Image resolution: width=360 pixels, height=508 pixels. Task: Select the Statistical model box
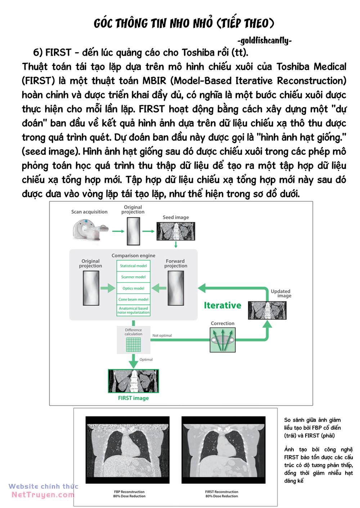(x=133, y=266)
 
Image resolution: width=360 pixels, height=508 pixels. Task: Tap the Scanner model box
(x=133, y=277)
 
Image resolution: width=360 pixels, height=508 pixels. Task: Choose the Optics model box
(x=133, y=288)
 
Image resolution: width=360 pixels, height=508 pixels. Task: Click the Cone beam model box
(x=133, y=299)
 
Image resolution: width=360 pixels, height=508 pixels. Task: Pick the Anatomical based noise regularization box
(x=133, y=310)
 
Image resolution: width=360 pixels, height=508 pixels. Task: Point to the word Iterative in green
(x=222, y=305)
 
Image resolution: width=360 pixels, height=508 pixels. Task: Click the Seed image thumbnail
(x=176, y=231)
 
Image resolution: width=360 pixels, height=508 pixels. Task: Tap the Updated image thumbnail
(x=267, y=310)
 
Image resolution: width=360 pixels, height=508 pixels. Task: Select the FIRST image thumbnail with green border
(x=133, y=381)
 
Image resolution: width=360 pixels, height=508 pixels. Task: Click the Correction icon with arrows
(x=222, y=340)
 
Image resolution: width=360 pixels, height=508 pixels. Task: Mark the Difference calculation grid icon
(x=133, y=345)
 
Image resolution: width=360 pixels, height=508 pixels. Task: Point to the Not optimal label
(x=162, y=336)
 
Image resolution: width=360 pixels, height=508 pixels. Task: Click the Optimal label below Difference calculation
(x=146, y=359)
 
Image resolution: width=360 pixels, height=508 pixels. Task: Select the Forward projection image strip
(x=176, y=288)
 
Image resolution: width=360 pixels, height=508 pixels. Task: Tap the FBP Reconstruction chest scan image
(x=127, y=450)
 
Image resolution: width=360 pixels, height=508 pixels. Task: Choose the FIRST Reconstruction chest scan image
(x=223, y=450)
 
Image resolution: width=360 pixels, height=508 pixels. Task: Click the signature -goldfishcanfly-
(x=265, y=41)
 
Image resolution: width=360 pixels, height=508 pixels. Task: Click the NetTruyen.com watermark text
(x=43, y=495)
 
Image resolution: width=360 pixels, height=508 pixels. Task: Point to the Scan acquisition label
(x=89, y=212)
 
